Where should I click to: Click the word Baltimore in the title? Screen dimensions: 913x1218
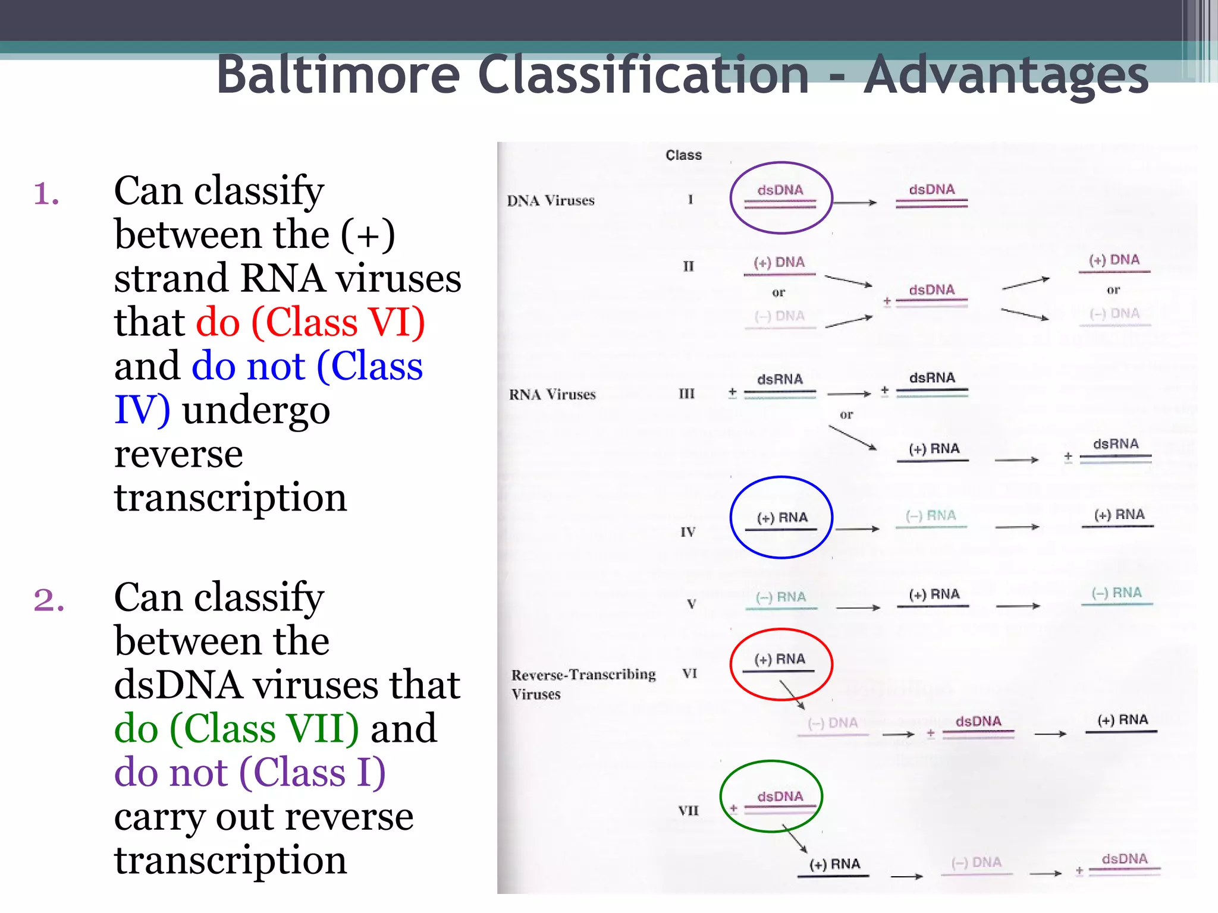(x=338, y=75)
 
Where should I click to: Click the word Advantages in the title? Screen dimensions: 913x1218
(x=1006, y=75)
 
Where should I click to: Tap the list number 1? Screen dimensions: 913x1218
(x=46, y=194)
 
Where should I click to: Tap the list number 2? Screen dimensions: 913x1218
(x=49, y=599)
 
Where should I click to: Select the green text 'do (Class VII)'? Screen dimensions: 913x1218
(x=236, y=728)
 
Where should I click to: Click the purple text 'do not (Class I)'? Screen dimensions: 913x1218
(x=250, y=772)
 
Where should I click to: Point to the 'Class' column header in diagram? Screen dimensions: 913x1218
(x=683, y=155)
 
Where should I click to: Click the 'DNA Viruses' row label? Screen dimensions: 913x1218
(x=550, y=201)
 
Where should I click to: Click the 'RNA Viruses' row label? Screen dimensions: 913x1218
(x=552, y=395)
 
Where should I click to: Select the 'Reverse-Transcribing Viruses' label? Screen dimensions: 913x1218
(x=583, y=684)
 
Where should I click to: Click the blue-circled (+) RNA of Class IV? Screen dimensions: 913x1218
(x=781, y=518)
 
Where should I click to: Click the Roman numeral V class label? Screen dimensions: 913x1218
(x=691, y=605)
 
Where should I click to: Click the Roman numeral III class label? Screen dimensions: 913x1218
(x=687, y=394)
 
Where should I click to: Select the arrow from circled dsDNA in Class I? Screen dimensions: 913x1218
(x=855, y=203)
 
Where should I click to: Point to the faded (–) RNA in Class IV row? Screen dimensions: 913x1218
(x=931, y=516)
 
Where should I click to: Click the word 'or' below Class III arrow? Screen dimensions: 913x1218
(x=846, y=415)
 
